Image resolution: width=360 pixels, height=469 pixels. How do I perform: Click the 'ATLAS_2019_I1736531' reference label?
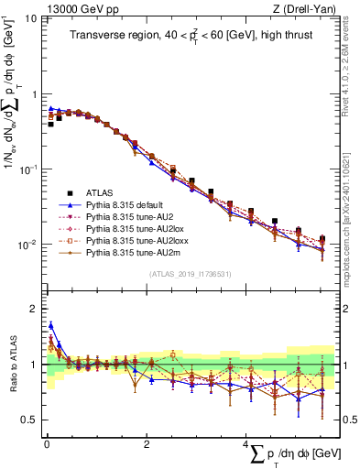coord(191,274)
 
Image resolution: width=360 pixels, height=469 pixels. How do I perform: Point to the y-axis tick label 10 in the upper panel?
coord(29,19)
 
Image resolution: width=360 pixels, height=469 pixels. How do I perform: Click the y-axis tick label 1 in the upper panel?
coord(34,94)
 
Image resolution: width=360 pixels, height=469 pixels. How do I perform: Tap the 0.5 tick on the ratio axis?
coord(30,420)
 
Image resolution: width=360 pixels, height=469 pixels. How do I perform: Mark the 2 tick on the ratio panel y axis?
coord(35,309)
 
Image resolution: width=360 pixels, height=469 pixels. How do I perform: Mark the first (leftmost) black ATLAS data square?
coord(50,124)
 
